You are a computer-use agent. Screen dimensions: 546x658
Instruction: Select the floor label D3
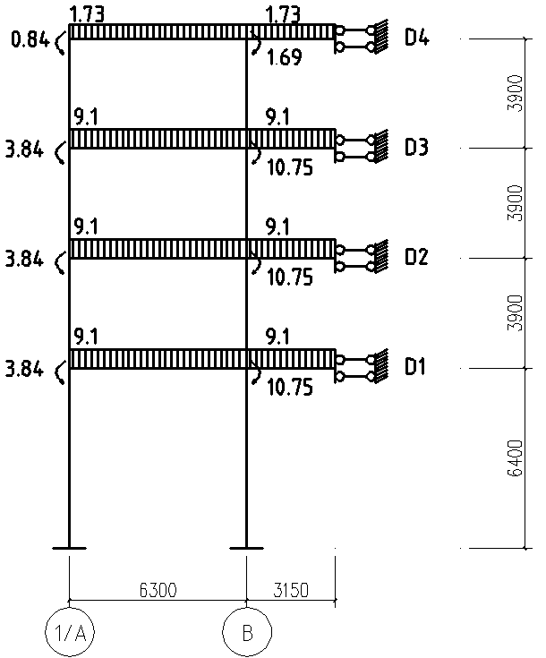416,148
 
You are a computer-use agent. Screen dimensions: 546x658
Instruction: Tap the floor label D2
416,256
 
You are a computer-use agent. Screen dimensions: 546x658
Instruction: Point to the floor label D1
415,366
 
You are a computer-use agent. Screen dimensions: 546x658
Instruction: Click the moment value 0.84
30,40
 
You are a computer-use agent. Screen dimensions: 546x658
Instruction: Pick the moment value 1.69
284,57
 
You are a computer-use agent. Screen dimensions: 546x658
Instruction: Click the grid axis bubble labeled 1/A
69,632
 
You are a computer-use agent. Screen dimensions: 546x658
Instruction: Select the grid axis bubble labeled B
247,632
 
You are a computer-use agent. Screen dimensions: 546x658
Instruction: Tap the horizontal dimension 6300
158,591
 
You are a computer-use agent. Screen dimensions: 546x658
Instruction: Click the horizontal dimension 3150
291,591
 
